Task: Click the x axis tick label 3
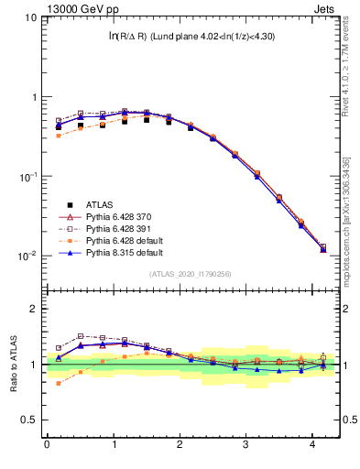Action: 246,444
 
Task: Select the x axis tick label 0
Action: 47,444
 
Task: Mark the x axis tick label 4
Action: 312,444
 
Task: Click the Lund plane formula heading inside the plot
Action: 190,36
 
